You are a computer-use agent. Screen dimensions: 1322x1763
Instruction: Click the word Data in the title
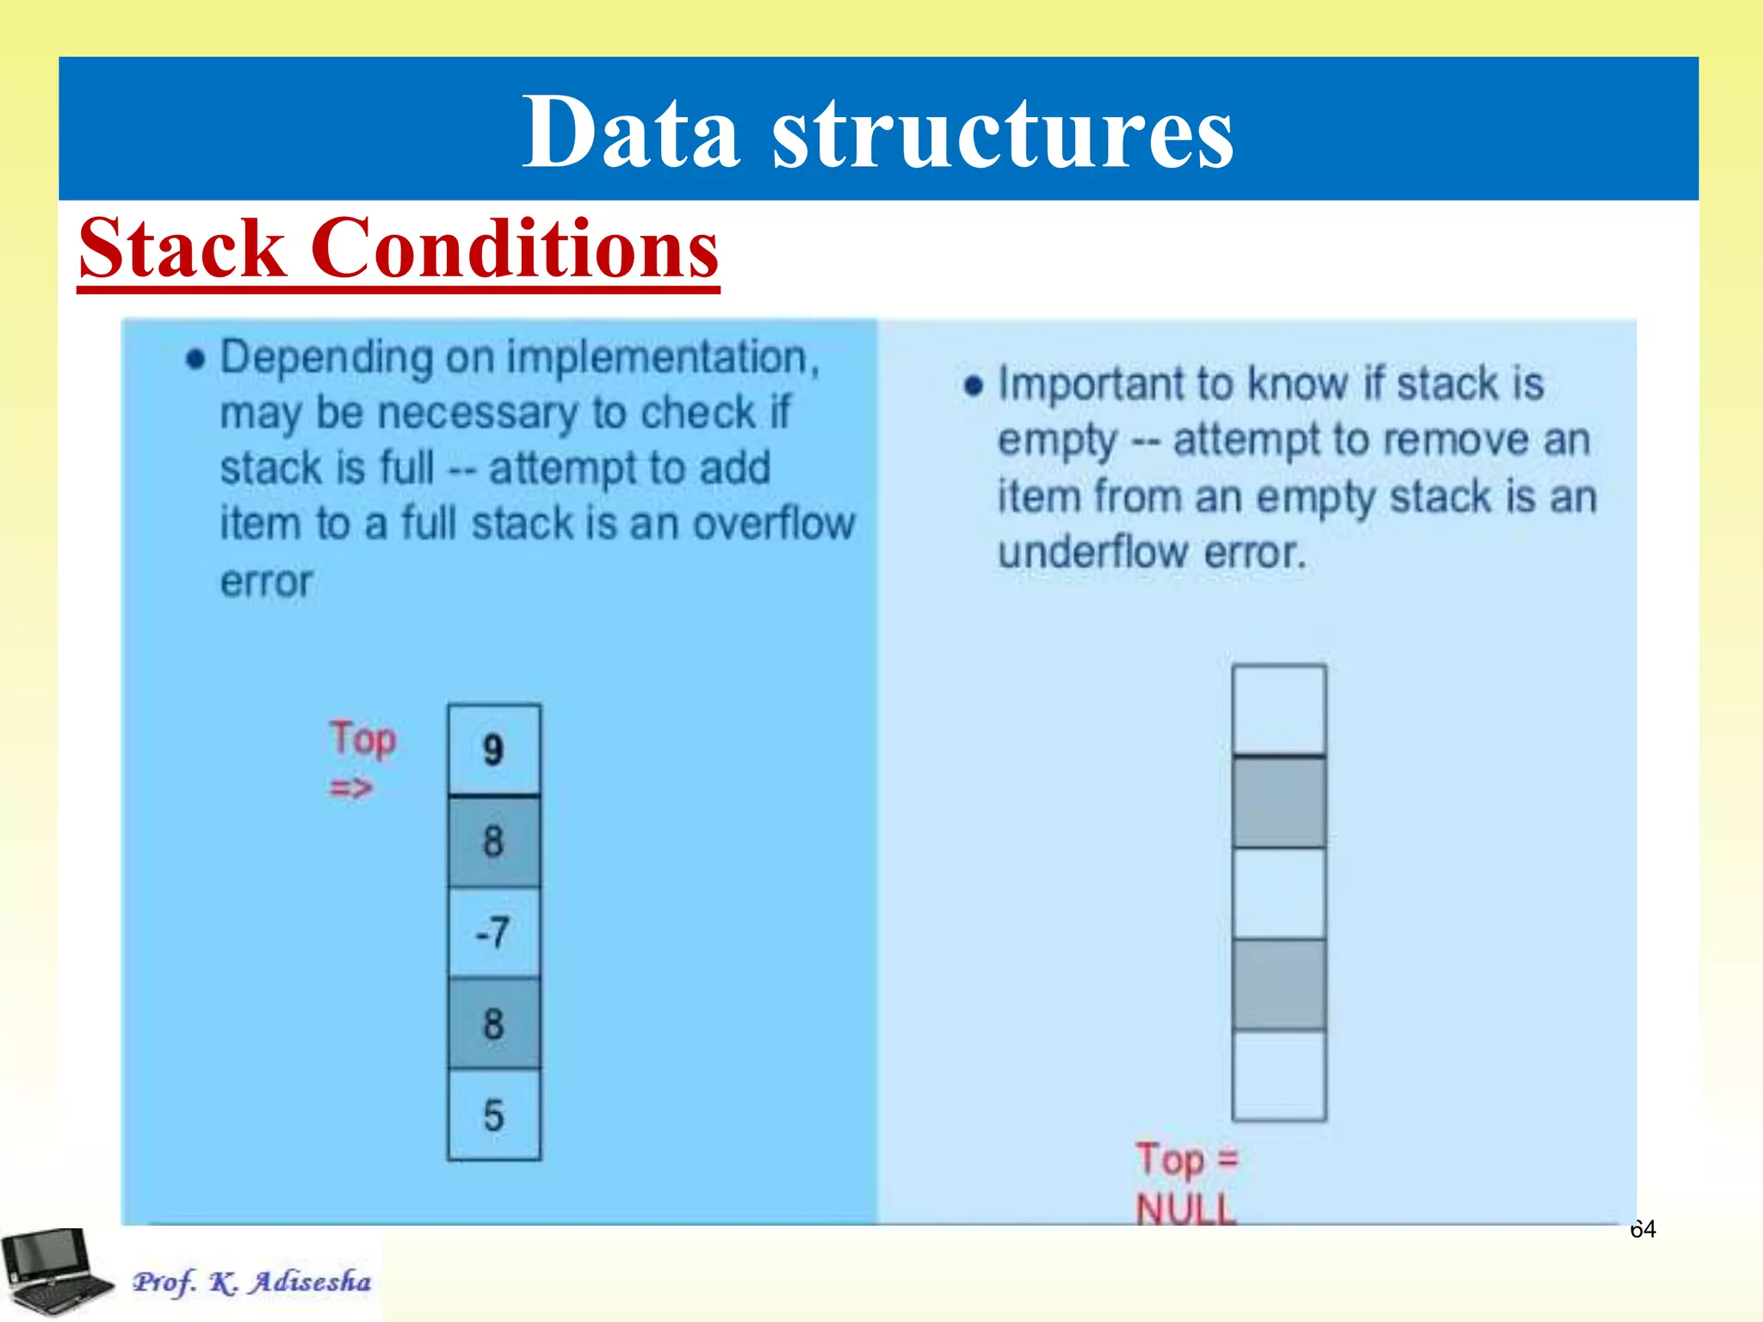631,133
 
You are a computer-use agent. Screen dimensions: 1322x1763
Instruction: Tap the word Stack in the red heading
182,250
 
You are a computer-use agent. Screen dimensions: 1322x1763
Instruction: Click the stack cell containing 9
494,750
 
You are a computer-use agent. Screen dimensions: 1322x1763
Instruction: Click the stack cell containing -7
494,933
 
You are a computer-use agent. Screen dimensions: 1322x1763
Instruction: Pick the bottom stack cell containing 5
494,1115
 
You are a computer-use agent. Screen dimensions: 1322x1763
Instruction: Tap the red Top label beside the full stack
363,739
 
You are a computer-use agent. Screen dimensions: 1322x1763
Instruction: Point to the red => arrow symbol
350,788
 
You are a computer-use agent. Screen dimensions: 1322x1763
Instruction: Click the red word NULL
1185,1208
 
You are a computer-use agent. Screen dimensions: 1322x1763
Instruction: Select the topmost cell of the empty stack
1278,710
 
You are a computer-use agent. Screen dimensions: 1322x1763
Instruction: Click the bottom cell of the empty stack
1278,1076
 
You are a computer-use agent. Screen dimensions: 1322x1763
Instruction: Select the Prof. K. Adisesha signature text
251,1282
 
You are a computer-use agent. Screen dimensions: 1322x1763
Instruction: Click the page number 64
1642,1229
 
